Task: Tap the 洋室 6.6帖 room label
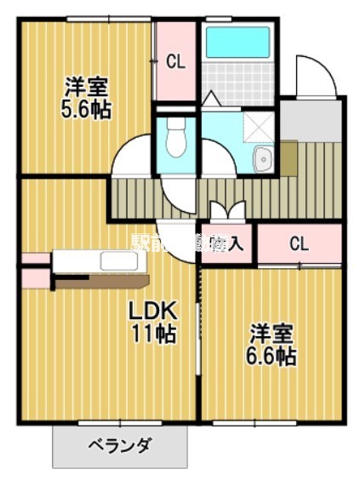coord(271,343)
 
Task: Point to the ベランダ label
coord(120,444)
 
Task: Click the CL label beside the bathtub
coord(175,60)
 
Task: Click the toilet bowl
coord(176,137)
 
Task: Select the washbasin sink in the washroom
coord(263,158)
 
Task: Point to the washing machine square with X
coord(258,126)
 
